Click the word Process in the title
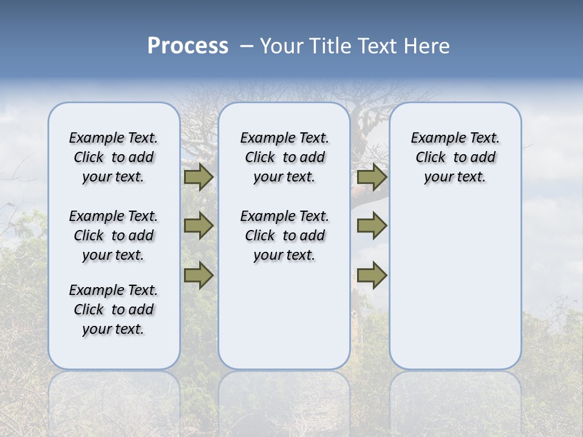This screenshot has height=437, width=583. click(188, 46)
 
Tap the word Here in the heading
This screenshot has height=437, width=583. click(426, 46)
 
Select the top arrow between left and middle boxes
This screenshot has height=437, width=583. click(199, 177)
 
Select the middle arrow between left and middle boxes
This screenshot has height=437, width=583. click(199, 226)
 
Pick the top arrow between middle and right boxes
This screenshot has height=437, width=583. click(372, 177)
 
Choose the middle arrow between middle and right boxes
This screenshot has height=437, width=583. click(372, 226)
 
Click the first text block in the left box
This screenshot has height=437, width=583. click(114, 157)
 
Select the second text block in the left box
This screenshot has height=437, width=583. click(114, 235)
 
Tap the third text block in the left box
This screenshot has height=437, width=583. click(114, 310)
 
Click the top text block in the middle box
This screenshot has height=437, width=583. click(284, 157)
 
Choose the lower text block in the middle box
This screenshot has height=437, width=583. click(284, 235)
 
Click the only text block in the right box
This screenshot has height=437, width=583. click(455, 157)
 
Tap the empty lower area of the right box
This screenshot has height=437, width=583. click(455, 285)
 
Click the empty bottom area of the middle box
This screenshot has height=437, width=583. click(284, 322)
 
